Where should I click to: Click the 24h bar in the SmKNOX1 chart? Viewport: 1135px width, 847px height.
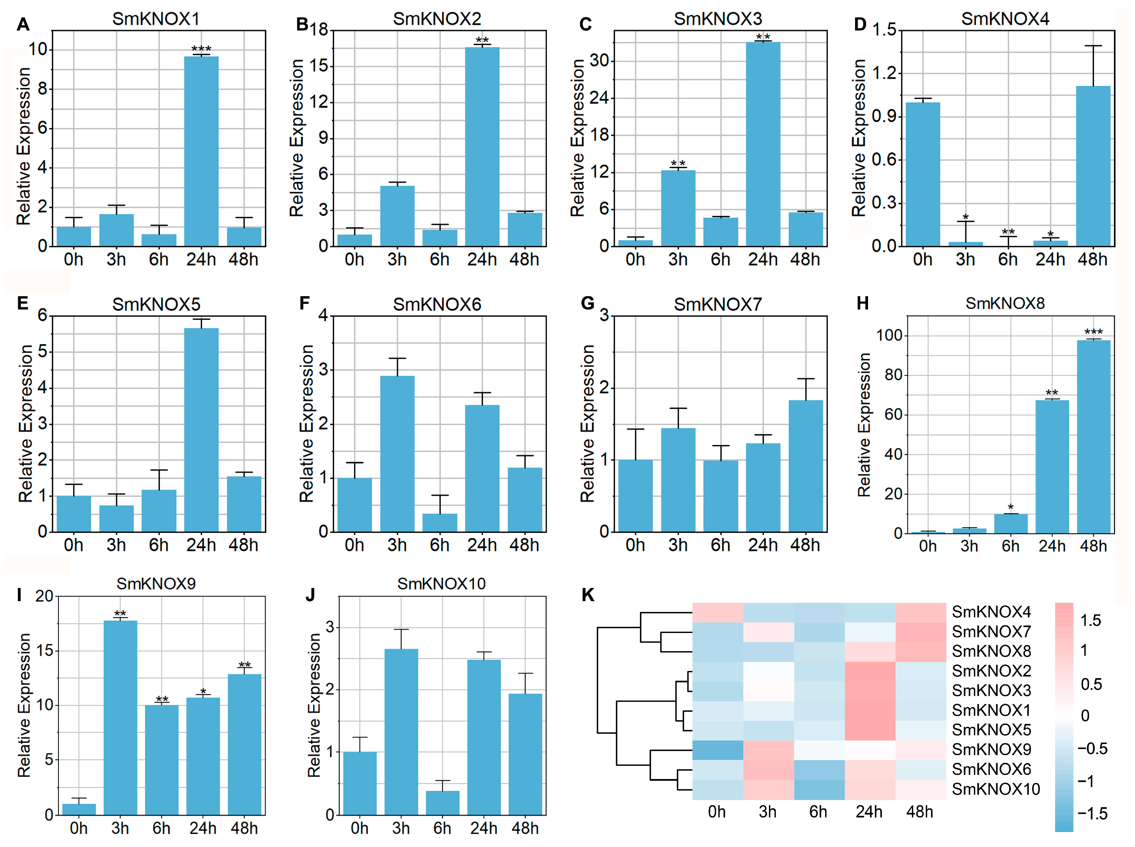coord(201,151)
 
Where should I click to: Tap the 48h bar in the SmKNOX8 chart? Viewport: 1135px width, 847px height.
coord(1093,436)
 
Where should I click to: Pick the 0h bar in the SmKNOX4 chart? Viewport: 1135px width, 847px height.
coord(922,174)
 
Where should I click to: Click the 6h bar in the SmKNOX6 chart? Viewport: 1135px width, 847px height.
coord(439,523)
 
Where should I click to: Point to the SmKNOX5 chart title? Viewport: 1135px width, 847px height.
coord(156,305)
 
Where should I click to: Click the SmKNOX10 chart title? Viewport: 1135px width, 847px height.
coord(441,584)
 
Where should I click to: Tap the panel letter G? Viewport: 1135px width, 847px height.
coord(587,304)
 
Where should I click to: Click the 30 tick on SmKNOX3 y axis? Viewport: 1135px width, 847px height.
coord(599,60)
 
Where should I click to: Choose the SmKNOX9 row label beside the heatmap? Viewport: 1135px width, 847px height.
coord(991,750)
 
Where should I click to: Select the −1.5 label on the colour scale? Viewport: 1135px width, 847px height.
coord(1092,814)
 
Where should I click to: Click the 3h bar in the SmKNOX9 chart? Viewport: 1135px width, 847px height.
coord(120,717)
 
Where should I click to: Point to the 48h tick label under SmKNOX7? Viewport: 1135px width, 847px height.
coord(805,545)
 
